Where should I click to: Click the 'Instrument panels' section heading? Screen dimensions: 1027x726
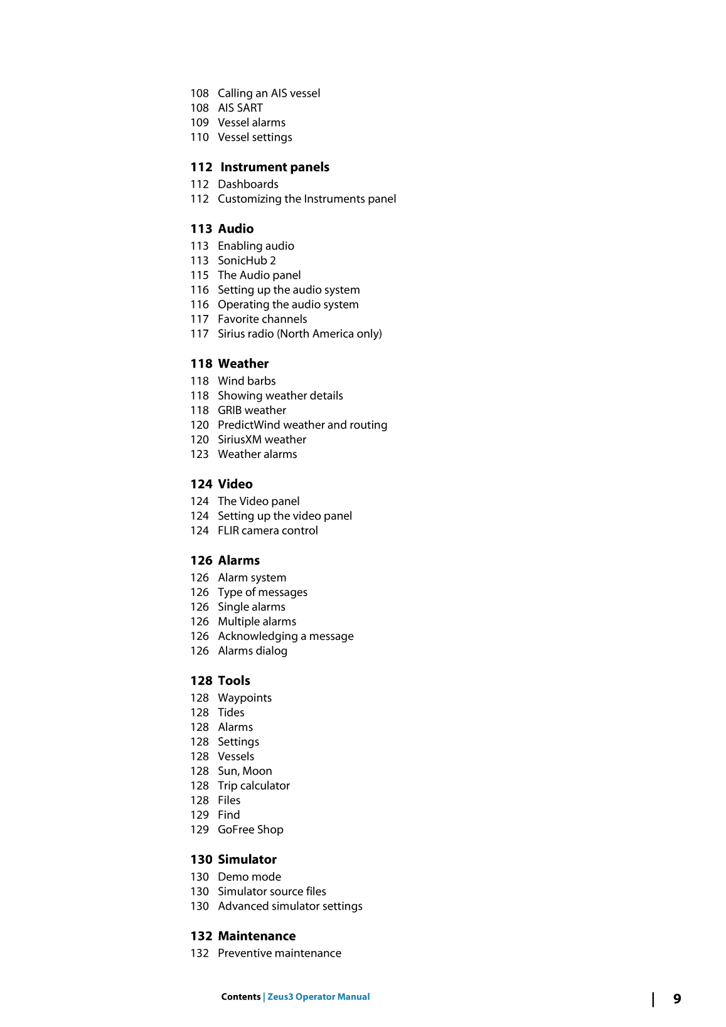pos(274,168)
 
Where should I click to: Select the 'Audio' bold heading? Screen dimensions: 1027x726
pos(235,229)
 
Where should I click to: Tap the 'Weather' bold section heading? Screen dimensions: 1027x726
pos(243,364)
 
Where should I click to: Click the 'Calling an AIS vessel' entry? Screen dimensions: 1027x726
pos(269,93)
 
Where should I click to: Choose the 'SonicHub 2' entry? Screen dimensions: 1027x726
pos(247,261)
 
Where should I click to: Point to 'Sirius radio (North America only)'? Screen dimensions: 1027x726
pos(299,334)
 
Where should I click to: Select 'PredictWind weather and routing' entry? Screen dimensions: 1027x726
pos(302,425)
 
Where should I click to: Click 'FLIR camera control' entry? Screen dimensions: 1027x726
pos(267,531)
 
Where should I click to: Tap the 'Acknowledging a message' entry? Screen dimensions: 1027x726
pos(286,637)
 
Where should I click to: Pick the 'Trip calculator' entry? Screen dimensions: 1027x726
pos(254,786)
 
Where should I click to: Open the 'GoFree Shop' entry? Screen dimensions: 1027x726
pos(250,830)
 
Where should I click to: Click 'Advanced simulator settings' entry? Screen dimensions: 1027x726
pos(290,907)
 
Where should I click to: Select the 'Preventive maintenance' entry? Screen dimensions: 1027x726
pos(279,954)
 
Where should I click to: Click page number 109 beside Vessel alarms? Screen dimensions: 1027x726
pos(200,123)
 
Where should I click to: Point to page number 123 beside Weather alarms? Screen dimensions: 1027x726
pos(200,455)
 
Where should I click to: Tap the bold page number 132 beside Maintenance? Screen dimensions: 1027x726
pos(201,937)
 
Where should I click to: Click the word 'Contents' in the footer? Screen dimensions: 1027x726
pos(240,997)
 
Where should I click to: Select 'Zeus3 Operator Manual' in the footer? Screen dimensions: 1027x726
pos(318,997)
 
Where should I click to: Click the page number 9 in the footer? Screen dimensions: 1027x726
pos(677,999)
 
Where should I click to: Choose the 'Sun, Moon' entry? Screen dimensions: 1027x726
pos(245,772)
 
